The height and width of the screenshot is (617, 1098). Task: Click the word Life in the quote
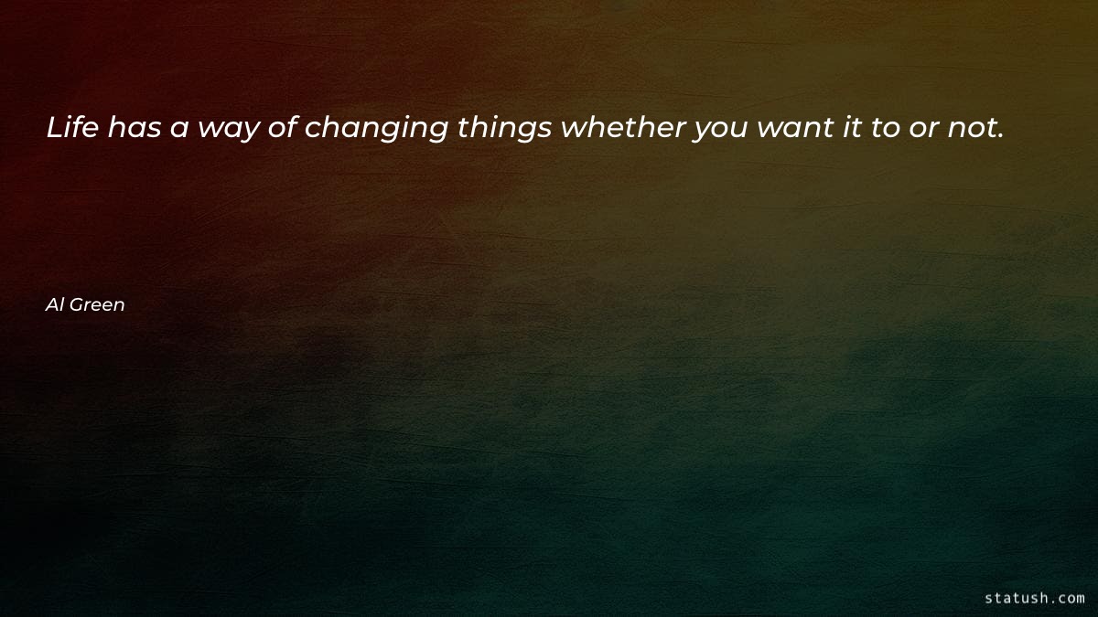[x=73, y=129]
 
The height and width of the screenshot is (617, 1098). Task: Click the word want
[x=791, y=129]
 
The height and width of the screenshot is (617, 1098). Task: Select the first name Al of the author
[x=53, y=305]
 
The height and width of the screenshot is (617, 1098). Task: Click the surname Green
[x=97, y=305]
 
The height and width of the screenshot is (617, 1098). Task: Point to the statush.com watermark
[x=1034, y=598]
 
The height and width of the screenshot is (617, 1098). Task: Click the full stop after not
[x=1001, y=137]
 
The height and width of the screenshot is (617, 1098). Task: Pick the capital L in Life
[x=54, y=129]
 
